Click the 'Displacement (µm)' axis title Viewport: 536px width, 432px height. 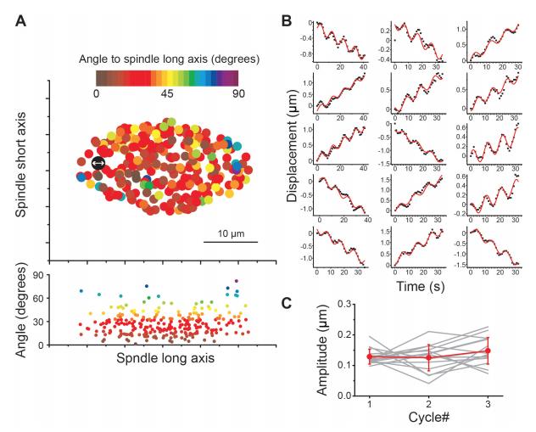[x=291, y=160]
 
